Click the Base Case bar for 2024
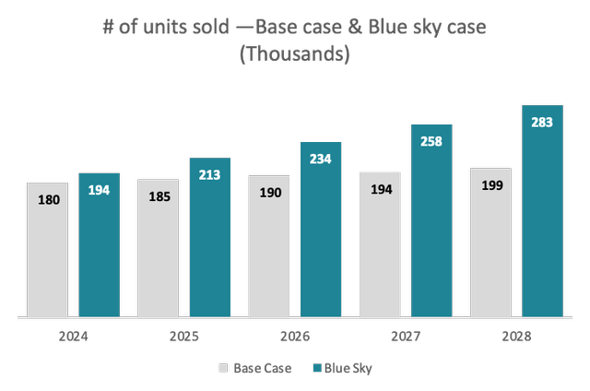click(47, 249)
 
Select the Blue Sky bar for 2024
click(99, 244)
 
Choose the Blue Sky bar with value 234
click(321, 230)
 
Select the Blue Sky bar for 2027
click(431, 220)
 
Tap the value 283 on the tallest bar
click(542, 122)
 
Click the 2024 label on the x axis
click(73, 338)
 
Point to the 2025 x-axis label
click(184, 338)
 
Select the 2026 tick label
click(295, 338)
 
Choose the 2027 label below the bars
click(406, 338)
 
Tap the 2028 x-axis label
click(516, 338)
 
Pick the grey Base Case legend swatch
click(223, 368)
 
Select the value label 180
click(47, 199)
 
